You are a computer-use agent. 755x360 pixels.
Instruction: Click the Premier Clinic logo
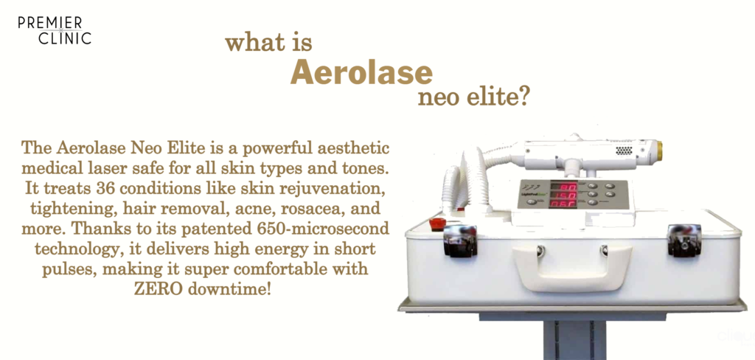[55, 31]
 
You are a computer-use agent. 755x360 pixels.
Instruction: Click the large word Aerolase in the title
[361, 72]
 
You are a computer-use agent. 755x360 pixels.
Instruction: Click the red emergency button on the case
[437, 224]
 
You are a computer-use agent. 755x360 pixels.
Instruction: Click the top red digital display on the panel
[563, 186]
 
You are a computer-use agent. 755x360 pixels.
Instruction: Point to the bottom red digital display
[563, 204]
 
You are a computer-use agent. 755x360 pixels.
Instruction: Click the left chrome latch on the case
[460, 241]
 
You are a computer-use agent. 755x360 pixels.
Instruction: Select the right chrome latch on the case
[684, 240]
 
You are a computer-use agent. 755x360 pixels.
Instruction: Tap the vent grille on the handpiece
[624, 150]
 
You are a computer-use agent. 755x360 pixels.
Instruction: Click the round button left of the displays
[532, 202]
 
